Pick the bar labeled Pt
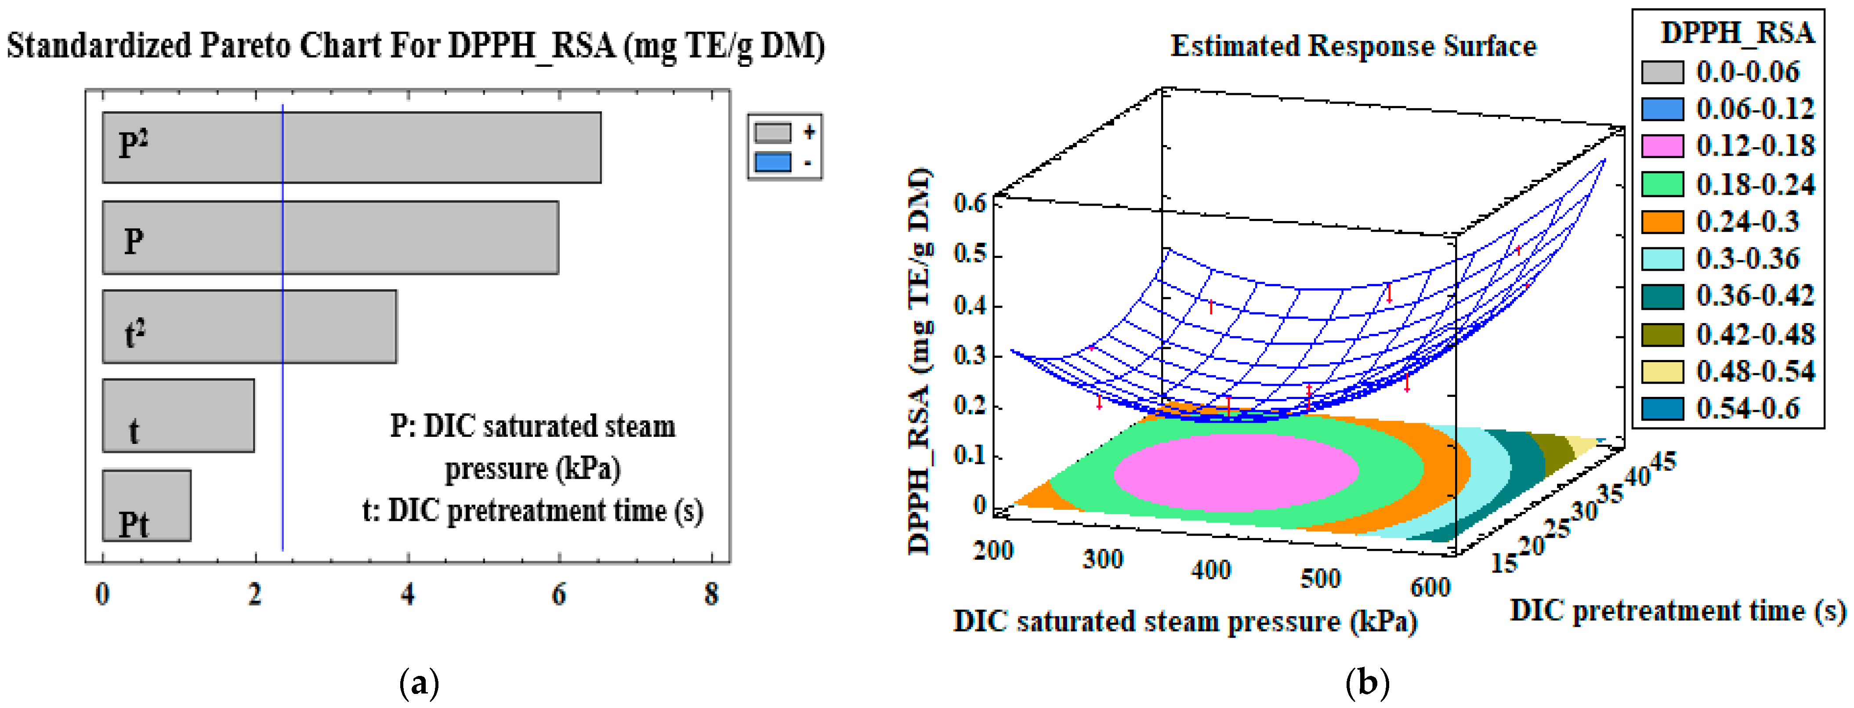pyautogui.click(x=147, y=505)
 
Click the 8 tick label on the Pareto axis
pyautogui.click(x=712, y=594)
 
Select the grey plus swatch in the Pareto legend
pyautogui.click(x=773, y=133)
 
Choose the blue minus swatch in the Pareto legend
pyautogui.click(x=773, y=162)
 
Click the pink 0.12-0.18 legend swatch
pyautogui.click(x=1662, y=146)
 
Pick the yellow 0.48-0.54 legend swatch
pyautogui.click(x=1662, y=372)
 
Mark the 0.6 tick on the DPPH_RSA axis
pyautogui.click(x=970, y=203)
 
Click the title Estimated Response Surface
pyautogui.click(x=1353, y=46)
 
